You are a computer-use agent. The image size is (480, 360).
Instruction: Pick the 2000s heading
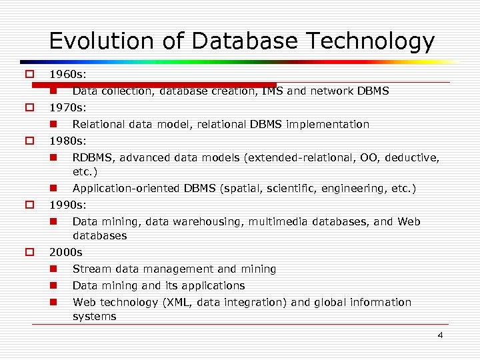click(x=65, y=252)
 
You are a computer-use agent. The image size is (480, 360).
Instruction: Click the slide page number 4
click(x=440, y=335)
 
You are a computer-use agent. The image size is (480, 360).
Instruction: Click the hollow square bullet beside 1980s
click(x=29, y=141)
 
